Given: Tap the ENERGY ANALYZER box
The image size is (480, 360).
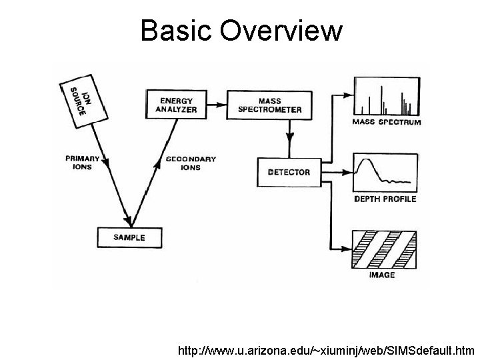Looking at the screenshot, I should [176, 104].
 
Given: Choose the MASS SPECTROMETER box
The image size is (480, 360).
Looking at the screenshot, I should [269, 105].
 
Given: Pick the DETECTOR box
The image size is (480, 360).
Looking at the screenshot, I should [288, 172].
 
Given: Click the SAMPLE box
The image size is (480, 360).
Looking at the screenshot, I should [129, 237].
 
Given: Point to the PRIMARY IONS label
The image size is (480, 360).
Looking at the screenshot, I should [82, 163].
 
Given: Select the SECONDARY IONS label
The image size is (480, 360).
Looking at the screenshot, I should [190, 163].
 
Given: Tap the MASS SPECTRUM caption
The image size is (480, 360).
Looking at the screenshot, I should [386, 123].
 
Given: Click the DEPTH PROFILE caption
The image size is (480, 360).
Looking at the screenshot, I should [386, 199].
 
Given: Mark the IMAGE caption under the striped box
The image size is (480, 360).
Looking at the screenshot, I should [382, 275].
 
